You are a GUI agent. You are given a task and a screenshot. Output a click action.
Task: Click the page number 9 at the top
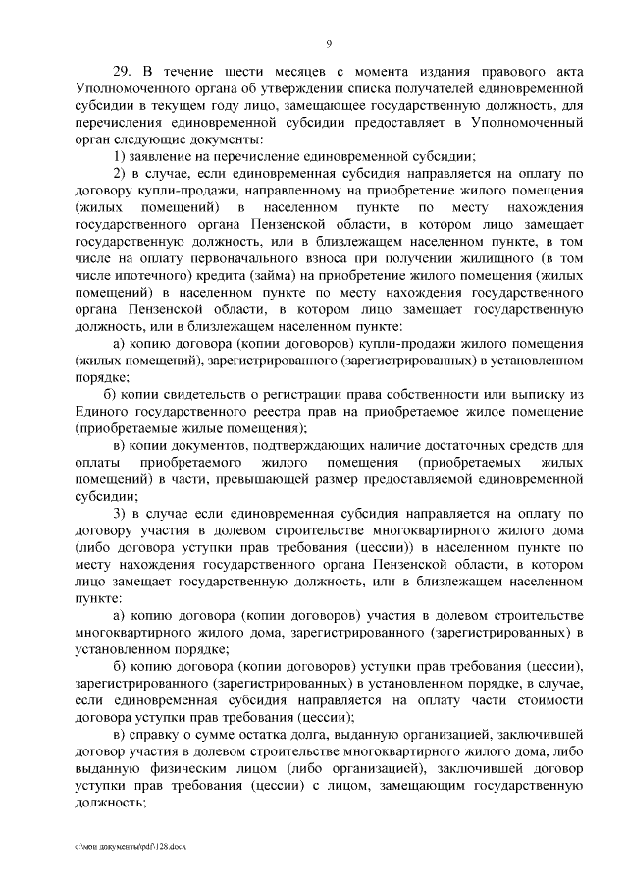(329, 42)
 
